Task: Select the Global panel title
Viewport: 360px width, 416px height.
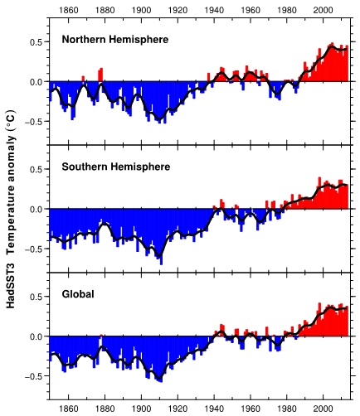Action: click(78, 294)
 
